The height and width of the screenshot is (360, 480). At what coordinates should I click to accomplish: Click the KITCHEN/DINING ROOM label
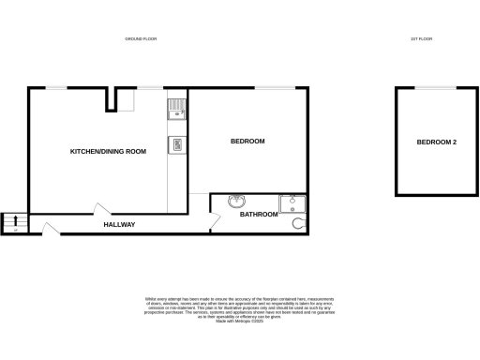point(109,151)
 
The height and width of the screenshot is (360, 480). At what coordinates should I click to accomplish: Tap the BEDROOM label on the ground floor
point(247,142)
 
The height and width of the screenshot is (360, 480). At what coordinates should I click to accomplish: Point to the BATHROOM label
point(259,215)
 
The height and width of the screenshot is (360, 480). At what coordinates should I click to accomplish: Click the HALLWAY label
point(120,225)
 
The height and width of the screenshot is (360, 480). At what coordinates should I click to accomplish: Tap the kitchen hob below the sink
point(175,144)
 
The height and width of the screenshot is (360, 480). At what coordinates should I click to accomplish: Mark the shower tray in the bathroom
point(292,204)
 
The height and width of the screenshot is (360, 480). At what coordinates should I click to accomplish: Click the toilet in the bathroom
point(299,224)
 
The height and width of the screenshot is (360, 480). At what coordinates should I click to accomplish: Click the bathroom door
point(216,220)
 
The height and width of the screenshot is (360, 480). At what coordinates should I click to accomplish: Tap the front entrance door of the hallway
point(46,226)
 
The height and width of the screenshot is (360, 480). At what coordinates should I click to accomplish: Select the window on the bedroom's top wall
point(271,88)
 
